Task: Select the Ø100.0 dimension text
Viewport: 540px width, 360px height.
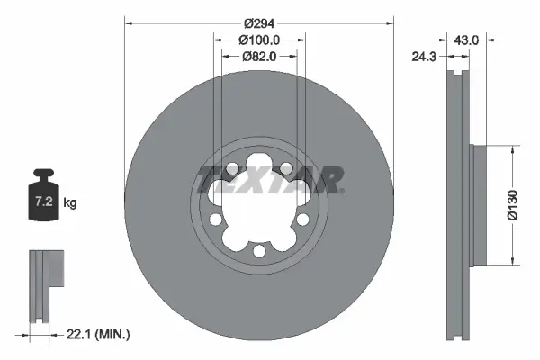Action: tap(260, 40)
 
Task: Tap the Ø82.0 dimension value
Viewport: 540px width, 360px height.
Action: tap(260, 56)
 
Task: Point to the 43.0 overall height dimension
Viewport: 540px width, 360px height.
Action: tap(465, 40)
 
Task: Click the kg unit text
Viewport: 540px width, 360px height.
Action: tap(70, 203)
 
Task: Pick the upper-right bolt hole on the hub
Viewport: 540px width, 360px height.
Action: tap(286, 168)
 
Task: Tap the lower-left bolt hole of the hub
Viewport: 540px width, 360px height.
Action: tap(217, 220)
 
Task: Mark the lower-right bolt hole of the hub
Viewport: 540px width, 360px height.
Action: tap(302, 220)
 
